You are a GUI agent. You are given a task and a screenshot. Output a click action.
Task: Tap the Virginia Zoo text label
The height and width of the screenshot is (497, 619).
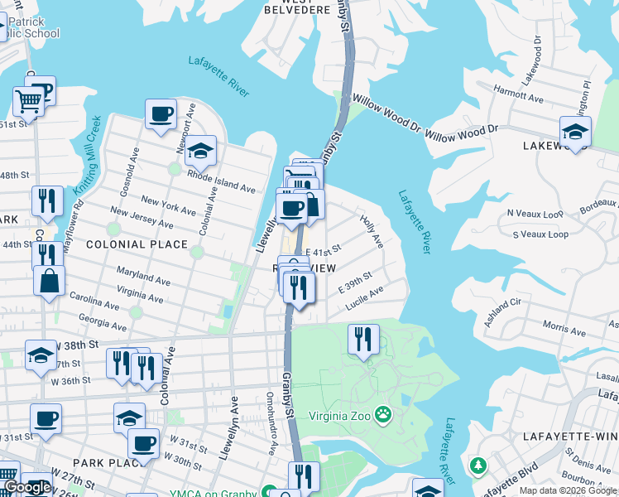click(x=340, y=415)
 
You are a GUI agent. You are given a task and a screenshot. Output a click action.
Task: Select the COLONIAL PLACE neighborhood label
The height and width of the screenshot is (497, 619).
click(x=137, y=244)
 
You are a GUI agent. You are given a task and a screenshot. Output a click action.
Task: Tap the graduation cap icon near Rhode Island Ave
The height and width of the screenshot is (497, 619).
click(x=199, y=152)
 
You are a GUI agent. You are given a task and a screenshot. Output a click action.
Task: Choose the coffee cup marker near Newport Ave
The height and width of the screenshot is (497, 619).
click(x=161, y=113)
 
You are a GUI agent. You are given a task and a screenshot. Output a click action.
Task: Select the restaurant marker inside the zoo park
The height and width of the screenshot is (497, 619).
click(x=362, y=338)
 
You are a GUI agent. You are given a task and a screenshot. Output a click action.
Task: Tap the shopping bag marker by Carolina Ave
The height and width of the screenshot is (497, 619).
click(x=50, y=280)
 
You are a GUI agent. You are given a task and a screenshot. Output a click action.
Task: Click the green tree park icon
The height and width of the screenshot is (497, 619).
click(x=477, y=466)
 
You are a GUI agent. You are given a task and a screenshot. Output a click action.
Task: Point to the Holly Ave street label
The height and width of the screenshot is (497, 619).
click(x=372, y=230)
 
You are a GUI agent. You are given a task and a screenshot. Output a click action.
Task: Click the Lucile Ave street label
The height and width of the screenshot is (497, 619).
click(x=365, y=298)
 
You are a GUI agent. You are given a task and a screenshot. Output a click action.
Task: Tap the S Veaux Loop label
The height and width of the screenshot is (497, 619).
click(x=540, y=234)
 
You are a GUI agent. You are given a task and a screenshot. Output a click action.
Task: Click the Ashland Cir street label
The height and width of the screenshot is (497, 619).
click(x=503, y=313)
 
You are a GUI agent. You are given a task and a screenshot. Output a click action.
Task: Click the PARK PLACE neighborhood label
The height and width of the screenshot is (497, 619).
click(x=103, y=461)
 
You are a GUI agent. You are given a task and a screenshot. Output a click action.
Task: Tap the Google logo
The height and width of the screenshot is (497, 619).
click(x=27, y=487)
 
